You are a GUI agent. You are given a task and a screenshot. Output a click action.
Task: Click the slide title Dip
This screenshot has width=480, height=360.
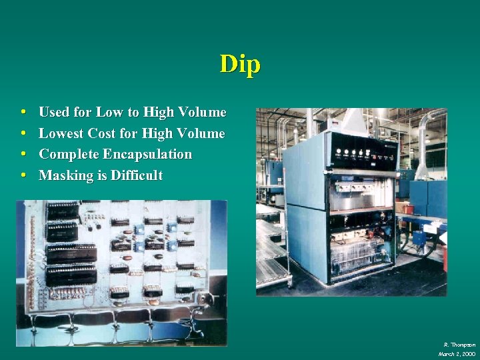point(240,64)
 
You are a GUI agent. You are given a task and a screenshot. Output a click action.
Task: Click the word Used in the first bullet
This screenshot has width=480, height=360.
point(54,112)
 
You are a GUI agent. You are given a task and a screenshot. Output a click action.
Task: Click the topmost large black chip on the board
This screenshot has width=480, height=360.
point(63,211)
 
